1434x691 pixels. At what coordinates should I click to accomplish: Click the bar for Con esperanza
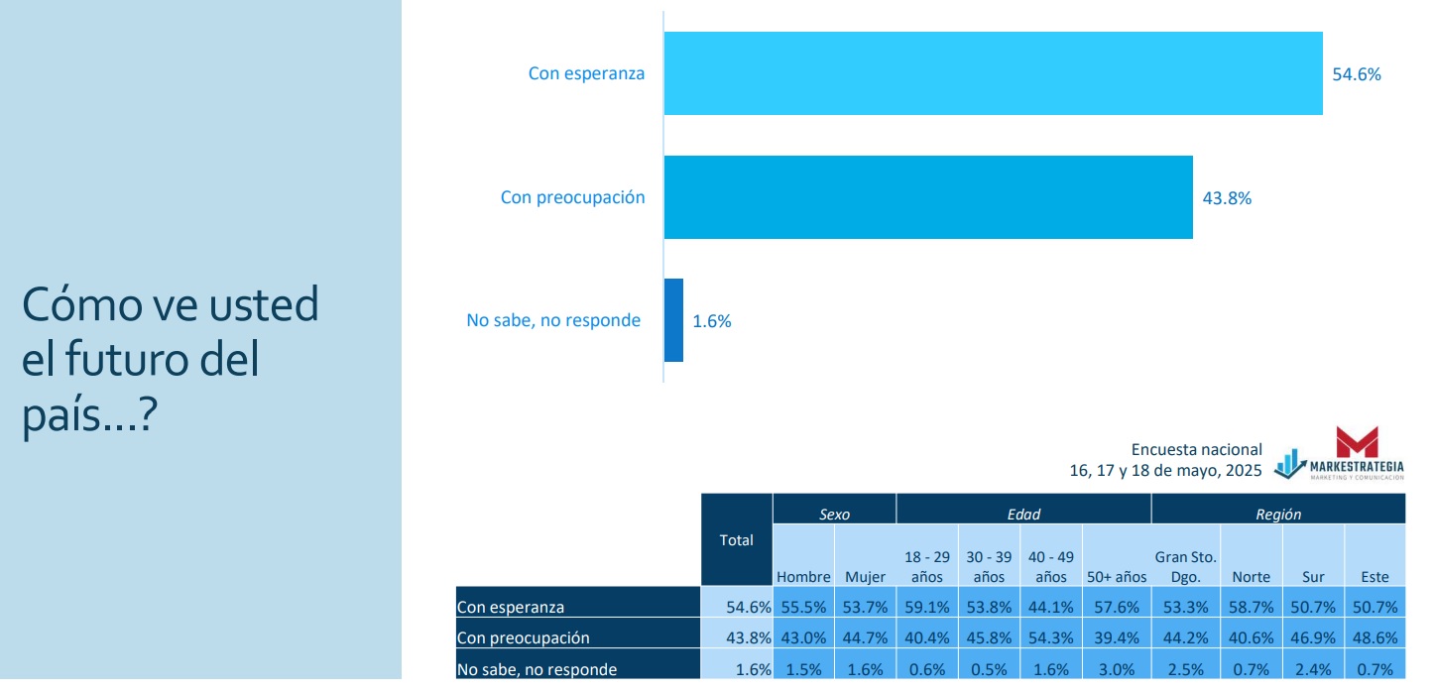pos(992,73)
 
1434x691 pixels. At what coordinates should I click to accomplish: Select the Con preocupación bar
pos(927,196)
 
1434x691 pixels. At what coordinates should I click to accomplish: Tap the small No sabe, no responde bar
pos(673,320)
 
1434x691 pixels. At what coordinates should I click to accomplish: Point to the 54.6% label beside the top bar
pos(1356,74)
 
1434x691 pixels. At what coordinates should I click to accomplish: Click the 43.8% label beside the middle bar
pos(1227,198)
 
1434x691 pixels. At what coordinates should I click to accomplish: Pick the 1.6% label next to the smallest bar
pos(711,321)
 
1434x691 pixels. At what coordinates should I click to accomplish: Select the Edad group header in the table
pos(1022,515)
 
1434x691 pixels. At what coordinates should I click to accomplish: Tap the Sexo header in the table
pos(834,515)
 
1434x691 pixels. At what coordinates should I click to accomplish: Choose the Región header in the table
pos(1278,515)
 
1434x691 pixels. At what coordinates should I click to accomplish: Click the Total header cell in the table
pos(736,540)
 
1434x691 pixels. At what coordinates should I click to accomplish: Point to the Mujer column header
pos(865,577)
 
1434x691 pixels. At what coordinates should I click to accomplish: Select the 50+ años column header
pos(1116,577)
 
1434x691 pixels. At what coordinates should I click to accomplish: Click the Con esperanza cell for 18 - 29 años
pos(926,606)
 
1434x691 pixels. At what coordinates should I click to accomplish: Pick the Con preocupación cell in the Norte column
pos(1251,637)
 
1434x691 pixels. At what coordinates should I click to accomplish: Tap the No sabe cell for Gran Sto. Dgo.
pos(1185,669)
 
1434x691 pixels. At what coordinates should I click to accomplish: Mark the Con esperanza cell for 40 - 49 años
pos(1051,606)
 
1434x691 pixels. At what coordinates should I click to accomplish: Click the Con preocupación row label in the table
pos(523,637)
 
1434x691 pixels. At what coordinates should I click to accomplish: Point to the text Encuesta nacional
pos(1196,450)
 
